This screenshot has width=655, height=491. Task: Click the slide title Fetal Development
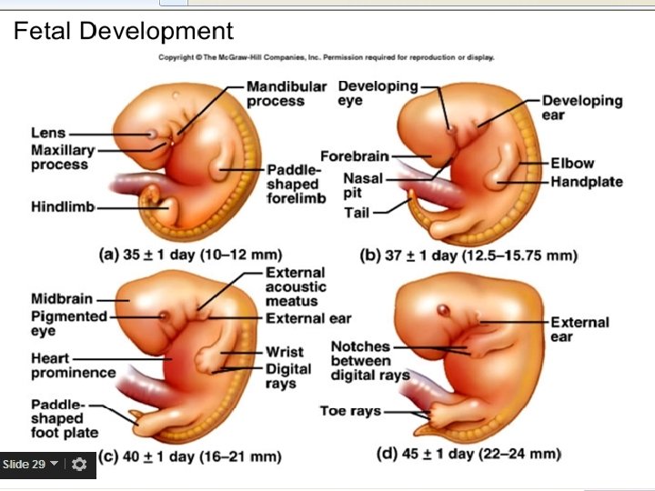pos(123,32)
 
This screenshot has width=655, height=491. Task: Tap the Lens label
pos(47,134)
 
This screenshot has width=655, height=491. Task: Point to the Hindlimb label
pos(63,207)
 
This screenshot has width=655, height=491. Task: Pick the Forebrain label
pos(355,157)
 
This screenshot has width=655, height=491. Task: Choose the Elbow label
pos(571,164)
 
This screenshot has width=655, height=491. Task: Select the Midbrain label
pos(61,298)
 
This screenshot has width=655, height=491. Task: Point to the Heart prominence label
pos(73,366)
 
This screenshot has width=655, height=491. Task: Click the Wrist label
pos(285,352)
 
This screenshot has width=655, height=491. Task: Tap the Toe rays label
pos(350,411)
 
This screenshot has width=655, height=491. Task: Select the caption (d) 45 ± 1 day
pos(469,453)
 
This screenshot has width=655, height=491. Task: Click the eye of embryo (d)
pos(445,311)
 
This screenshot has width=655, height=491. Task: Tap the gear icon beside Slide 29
pos(79,465)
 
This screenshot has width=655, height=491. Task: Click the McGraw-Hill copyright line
pos(327,57)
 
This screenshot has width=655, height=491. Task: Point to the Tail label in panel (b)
pos(357,213)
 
